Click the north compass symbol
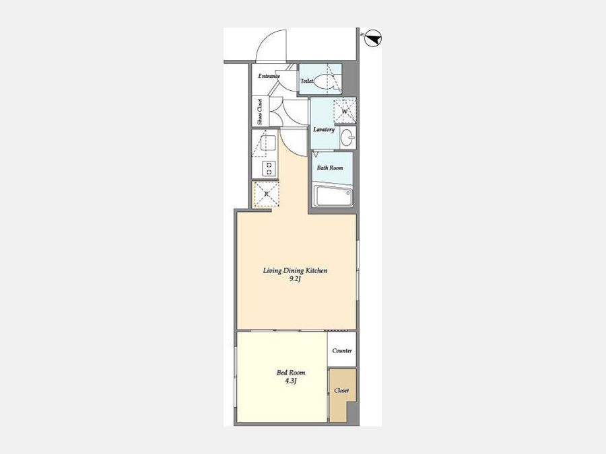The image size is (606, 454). [373, 38]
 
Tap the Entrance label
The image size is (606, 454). [269, 76]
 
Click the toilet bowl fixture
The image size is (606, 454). [323, 81]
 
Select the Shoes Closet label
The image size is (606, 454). [260, 112]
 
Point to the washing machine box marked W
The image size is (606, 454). [345, 111]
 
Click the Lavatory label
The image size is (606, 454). [324, 129]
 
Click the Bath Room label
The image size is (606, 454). [330, 168]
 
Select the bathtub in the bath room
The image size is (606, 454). [333, 196]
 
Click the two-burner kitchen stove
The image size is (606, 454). [269, 169]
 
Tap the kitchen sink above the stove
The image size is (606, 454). [267, 143]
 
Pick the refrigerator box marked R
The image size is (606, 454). [266, 194]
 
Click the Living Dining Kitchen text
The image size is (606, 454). [296, 270]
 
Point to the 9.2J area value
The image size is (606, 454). [296, 279]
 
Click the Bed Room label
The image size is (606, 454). [291, 373]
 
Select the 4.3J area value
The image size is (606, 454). [291, 381]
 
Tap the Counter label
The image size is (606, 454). [342, 350]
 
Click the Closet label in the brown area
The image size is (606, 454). [341, 390]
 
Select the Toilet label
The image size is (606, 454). [307, 81]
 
